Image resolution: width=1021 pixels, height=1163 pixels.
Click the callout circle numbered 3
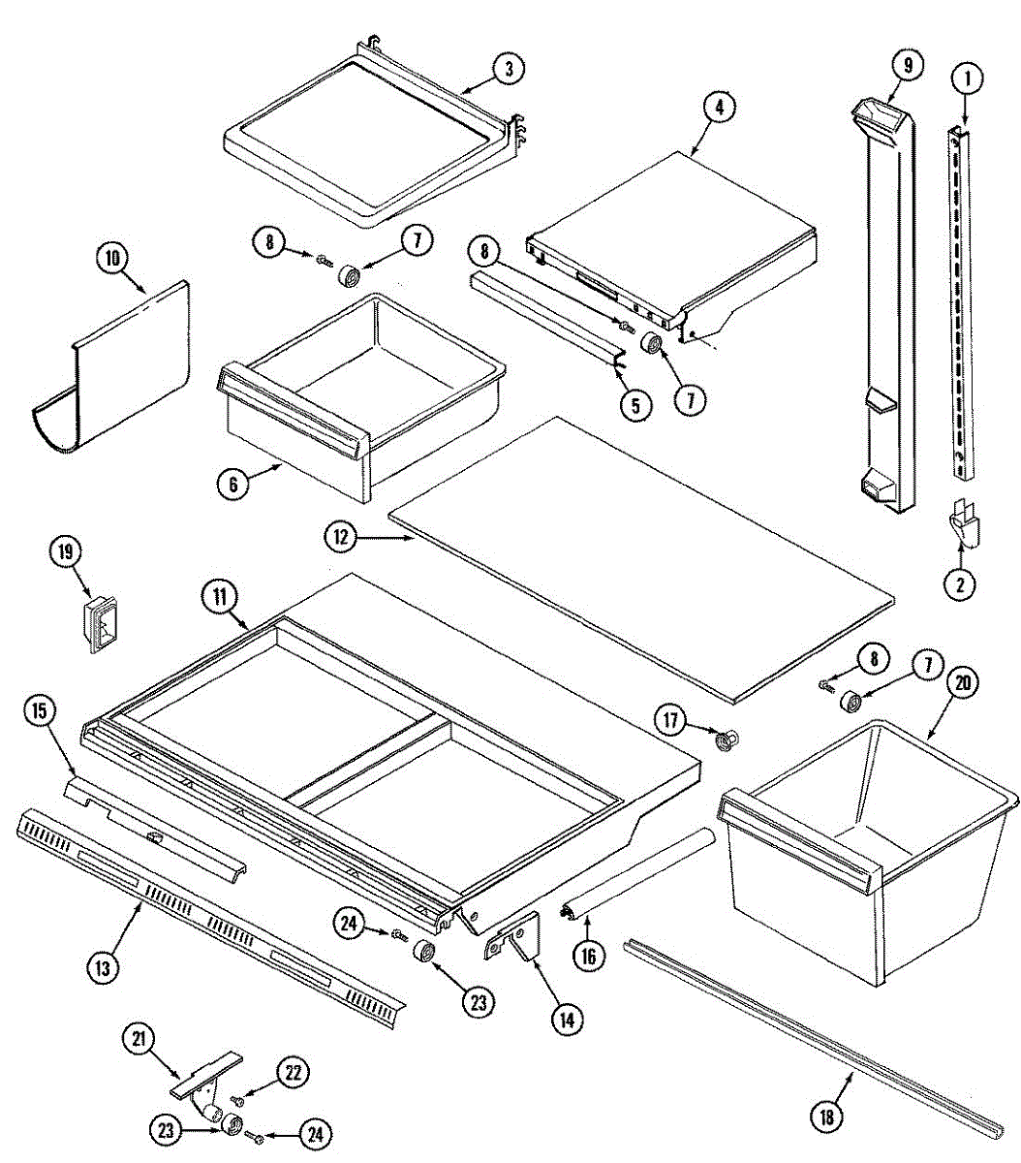(x=508, y=68)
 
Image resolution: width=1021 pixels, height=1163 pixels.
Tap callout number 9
(x=907, y=66)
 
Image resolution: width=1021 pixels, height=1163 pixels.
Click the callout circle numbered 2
(x=961, y=583)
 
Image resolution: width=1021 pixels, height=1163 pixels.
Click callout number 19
(x=66, y=552)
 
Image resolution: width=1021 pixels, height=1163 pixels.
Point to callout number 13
(x=105, y=965)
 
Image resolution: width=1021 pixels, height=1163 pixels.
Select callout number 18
(x=826, y=1116)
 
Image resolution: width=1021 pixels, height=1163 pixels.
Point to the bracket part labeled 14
(x=519, y=937)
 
